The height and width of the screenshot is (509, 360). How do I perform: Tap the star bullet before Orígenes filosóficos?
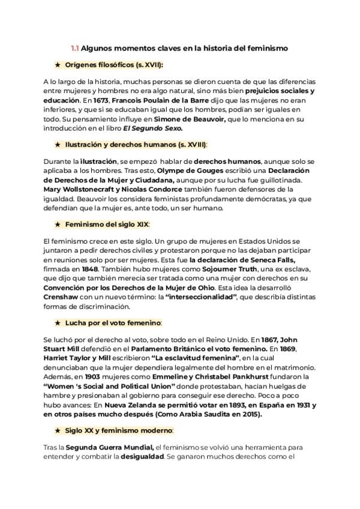tap(57, 64)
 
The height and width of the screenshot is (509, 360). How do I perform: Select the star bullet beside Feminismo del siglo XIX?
tap(57, 224)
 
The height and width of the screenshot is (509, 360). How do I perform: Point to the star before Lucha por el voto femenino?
tap(57, 322)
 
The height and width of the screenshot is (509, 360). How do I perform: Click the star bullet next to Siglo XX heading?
tap(57, 430)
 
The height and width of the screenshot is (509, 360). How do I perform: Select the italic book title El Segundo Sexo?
tap(153, 128)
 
